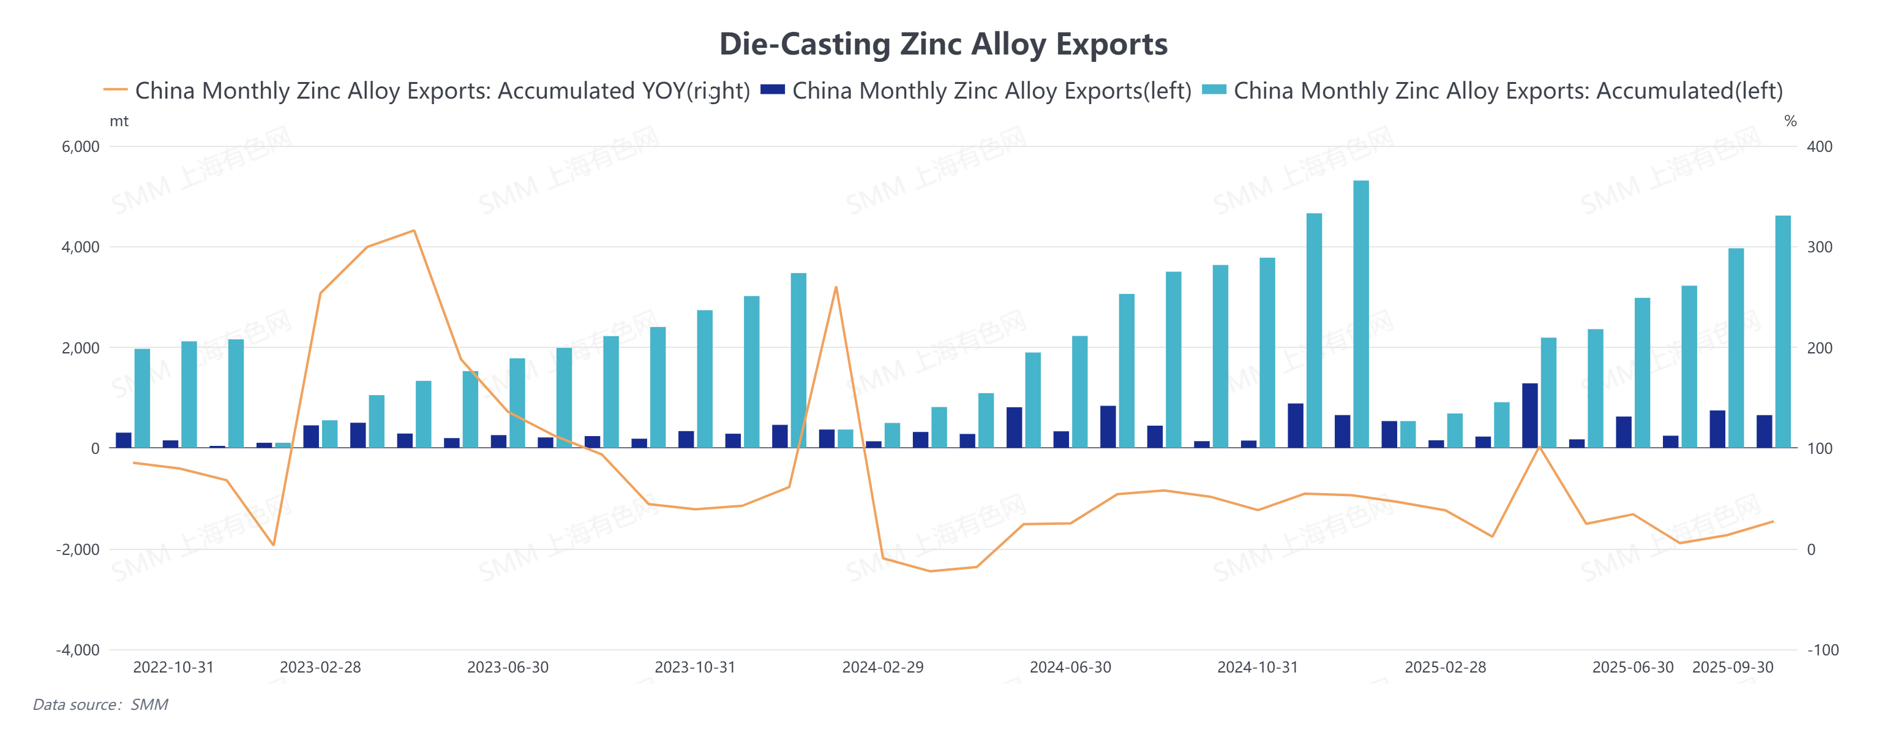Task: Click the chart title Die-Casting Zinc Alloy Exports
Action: coord(943,44)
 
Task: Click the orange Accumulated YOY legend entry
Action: coord(426,91)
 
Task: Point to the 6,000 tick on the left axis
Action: coord(81,146)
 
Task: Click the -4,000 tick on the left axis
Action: coord(78,650)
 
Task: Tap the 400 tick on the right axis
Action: coord(1820,146)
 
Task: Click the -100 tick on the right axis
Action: coord(1823,650)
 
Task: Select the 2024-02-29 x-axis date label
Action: coord(883,668)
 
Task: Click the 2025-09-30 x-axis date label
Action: coord(1733,668)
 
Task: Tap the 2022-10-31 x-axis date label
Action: coord(174,668)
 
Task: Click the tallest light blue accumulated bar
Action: coord(1361,315)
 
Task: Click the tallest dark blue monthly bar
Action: coord(1529,415)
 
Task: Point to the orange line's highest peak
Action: coord(415,231)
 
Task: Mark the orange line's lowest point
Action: coord(930,571)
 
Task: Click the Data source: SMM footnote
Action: coord(100,705)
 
